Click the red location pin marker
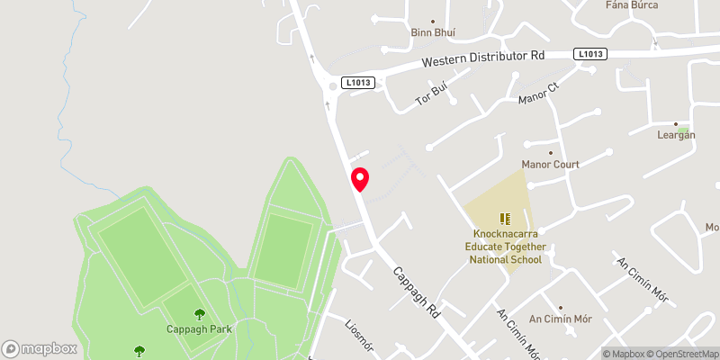pos(360,179)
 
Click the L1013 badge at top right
pos(590,54)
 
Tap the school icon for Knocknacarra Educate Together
pos(505,219)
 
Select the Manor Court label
pos(550,165)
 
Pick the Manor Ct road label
pos(538,94)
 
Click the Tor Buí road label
pos(432,95)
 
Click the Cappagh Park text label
pos(199,328)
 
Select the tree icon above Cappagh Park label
pos(199,314)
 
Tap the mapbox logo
pos(40,348)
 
